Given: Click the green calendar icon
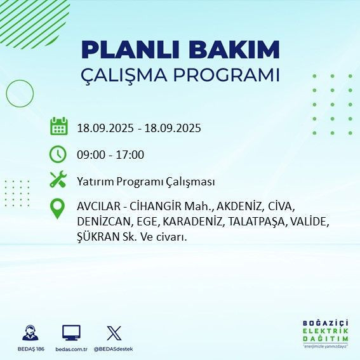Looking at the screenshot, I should click(58, 126).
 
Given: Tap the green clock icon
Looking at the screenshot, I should click(58, 154).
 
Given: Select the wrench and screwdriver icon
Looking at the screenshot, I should click(58, 180).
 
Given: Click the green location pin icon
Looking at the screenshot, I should click(58, 208).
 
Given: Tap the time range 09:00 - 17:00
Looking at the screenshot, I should click(110, 155).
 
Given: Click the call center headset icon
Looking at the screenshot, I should click(29, 332).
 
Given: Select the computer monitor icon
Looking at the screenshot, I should click(71, 332).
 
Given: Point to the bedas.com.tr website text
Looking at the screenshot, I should click(71, 349).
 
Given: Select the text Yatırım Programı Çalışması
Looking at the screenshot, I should click(146, 182).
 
